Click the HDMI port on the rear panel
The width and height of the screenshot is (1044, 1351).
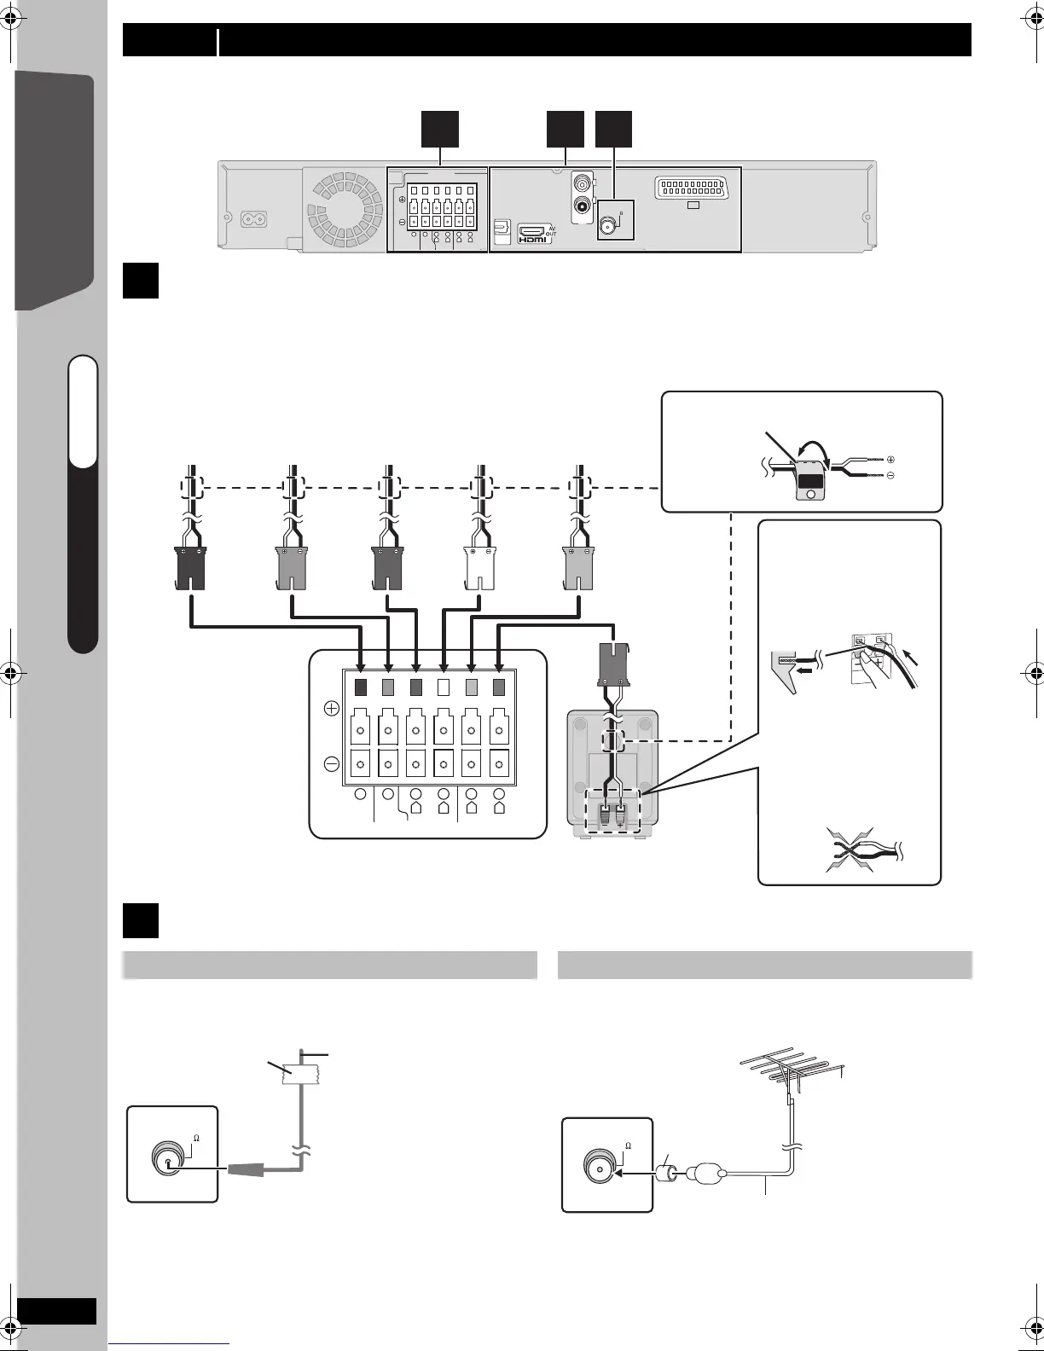click(x=534, y=234)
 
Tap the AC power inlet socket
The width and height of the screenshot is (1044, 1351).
click(x=255, y=218)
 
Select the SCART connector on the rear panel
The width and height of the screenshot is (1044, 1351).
click(x=693, y=188)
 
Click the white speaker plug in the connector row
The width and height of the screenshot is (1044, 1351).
click(x=480, y=568)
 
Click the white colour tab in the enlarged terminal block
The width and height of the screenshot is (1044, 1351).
click(x=443, y=686)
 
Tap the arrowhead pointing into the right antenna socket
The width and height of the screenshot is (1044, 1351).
click(x=621, y=1173)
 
